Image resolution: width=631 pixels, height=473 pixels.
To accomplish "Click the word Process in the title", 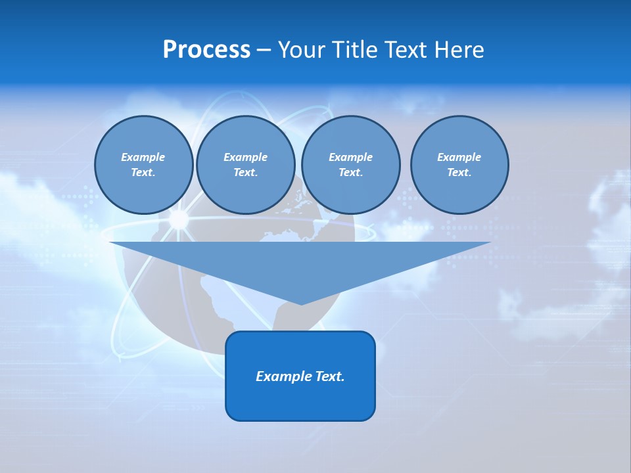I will tap(206, 50).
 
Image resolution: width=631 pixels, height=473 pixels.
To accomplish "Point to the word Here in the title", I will tap(459, 50).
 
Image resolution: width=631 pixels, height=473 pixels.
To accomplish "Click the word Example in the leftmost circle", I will tap(143, 157).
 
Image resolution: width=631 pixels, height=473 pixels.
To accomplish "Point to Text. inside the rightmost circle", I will tap(459, 172).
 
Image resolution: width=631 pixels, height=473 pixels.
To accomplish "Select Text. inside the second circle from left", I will tap(245, 172).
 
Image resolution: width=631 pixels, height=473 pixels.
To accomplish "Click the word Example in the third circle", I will tap(350, 157).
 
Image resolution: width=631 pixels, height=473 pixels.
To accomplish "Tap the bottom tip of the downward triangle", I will tap(301, 304).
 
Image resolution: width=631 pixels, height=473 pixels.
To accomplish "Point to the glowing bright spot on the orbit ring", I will tap(178, 219).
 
